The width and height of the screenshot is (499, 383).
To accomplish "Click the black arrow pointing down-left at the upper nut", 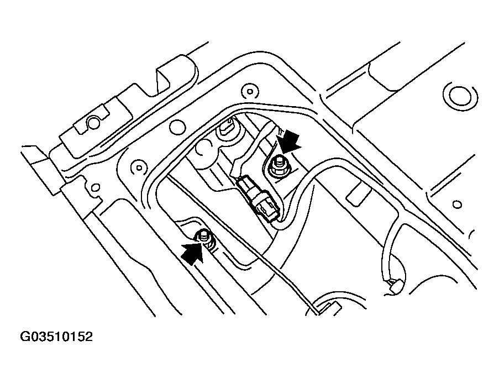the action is click(x=290, y=142).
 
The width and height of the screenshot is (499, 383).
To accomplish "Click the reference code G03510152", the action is click(x=56, y=337).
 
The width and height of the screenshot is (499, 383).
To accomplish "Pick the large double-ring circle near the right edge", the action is click(x=460, y=95).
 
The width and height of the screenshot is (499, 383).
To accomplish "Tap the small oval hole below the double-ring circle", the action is click(x=457, y=204).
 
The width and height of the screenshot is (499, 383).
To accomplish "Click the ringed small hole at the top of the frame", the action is click(x=250, y=91).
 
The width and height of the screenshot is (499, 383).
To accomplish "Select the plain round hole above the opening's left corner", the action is click(x=177, y=127).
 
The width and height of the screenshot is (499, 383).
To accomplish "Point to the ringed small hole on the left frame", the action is click(x=139, y=167).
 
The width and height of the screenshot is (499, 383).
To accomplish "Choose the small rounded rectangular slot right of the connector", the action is click(x=359, y=193).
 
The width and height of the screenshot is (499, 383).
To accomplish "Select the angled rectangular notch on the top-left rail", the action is click(x=162, y=80).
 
